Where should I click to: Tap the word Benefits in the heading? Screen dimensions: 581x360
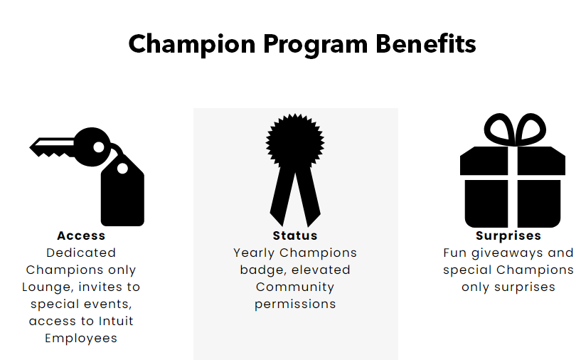point(426,43)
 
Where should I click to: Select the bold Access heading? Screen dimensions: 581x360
point(81,235)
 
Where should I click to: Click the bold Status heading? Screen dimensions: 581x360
point(295,235)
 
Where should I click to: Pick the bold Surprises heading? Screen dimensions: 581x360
point(508,235)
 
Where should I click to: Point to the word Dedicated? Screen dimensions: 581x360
point(81,253)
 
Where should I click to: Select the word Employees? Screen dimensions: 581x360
point(81,339)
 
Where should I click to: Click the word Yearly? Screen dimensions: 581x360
point(254,253)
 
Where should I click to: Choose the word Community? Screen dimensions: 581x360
point(295,287)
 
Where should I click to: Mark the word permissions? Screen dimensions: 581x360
point(295,305)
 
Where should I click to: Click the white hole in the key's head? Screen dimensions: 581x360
point(99,147)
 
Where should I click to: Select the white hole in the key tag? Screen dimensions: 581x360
point(122,169)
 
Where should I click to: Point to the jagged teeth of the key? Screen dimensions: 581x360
point(55,154)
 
